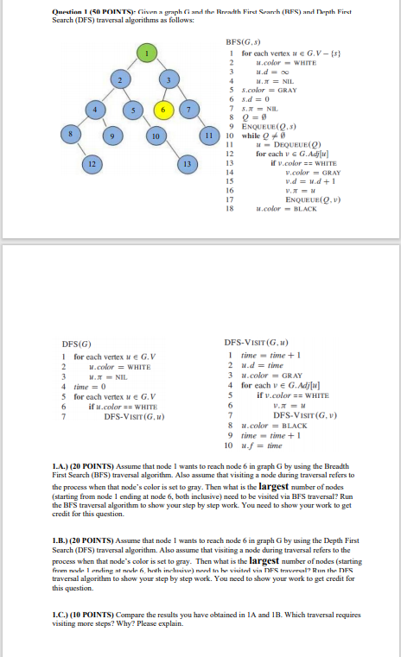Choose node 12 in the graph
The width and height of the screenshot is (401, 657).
91,165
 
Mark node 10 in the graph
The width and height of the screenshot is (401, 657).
153,137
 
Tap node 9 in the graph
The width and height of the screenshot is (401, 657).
111,137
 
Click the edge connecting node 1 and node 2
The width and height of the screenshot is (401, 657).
134,67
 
